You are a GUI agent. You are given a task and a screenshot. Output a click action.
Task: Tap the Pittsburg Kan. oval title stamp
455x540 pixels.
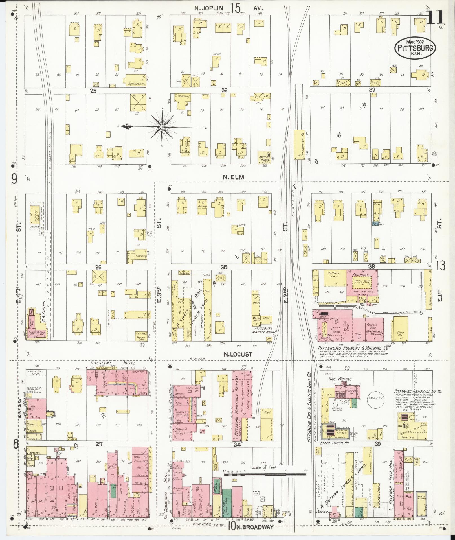point(414,48)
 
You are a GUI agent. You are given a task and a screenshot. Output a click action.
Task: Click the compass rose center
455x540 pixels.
point(162,127)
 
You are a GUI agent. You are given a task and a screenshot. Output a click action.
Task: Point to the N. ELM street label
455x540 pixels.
point(233,177)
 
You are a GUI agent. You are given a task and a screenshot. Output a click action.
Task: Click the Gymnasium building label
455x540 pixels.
point(136,84)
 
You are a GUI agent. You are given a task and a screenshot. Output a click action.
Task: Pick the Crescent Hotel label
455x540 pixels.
point(113,363)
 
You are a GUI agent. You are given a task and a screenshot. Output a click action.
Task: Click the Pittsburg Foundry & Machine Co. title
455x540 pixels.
point(353,348)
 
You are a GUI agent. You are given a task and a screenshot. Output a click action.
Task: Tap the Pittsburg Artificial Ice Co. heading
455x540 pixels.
point(418,392)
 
